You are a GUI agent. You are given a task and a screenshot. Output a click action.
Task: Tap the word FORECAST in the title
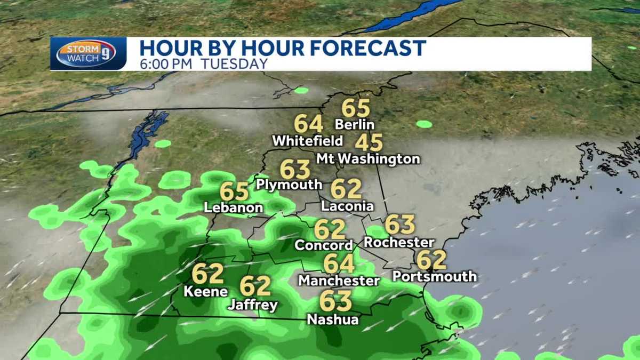pos(367,48)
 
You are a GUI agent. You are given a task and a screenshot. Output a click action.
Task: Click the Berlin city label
pos(355,125)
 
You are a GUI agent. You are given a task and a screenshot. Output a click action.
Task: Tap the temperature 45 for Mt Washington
pos(369,143)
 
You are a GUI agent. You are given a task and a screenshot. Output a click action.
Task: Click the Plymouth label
pos(289,185)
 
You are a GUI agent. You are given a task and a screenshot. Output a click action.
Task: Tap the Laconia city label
pos(347,206)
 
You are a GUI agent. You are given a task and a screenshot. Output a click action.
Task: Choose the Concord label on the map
pos(324,245)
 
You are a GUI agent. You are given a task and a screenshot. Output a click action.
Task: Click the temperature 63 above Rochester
pos(399,225)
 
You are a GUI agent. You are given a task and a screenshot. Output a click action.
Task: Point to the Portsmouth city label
pos(434,276)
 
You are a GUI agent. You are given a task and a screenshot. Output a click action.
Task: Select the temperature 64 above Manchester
pos(339,263)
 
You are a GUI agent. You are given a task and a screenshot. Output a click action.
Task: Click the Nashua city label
pos(333,319)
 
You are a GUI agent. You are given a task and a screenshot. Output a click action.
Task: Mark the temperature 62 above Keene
pos(207,274)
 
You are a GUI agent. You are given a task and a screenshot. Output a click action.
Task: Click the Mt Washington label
pos(368,159)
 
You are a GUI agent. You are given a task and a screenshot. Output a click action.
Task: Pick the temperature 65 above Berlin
pos(356,108)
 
